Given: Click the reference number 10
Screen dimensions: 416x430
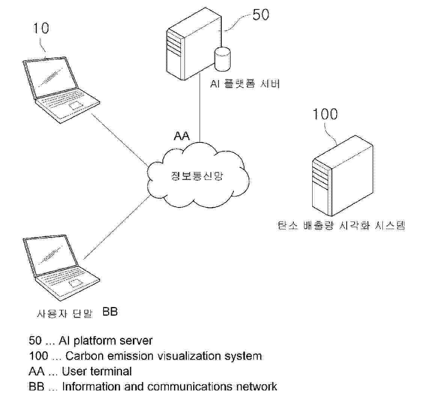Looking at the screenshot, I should click(41, 29).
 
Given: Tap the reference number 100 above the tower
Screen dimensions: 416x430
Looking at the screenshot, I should click(325, 114).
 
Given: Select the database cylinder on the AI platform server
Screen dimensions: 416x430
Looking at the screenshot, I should click(222, 58).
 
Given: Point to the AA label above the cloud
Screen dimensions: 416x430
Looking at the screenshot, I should click(182, 136).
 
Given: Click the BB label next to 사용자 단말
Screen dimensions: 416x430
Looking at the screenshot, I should click(110, 312).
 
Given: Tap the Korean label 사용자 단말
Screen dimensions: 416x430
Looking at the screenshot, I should click(65, 313).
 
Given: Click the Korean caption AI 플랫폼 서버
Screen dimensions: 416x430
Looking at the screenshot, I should click(245, 84).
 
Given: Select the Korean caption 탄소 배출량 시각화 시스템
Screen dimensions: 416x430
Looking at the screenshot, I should click(341, 226).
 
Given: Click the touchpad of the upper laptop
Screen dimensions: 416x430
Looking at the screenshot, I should click(76, 105).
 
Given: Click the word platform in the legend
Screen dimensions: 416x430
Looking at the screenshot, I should click(96, 341).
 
